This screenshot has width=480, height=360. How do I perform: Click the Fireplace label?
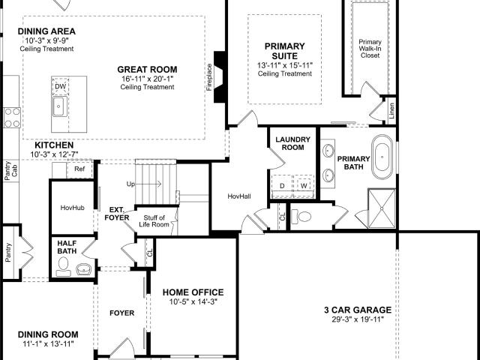(x=209, y=77)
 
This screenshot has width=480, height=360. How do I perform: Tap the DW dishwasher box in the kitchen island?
(x=60, y=86)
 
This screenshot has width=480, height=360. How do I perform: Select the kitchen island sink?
(x=58, y=106)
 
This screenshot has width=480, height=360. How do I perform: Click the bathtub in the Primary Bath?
(x=382, y=157)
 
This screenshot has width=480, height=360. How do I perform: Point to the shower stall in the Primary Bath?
(x=382, y=208)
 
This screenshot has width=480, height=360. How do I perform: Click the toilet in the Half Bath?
(x=63, y=267)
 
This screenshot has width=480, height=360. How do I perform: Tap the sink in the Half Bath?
(x=82, y=269)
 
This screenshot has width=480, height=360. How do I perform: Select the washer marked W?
(x=304, y=185)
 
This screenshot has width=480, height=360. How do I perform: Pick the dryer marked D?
(x=282, y=185)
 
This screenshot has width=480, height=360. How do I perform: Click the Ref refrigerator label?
(x=79, y=169)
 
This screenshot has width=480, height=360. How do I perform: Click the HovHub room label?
(x=72, y=208)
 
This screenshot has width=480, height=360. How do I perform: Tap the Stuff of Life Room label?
(x=154, y=221)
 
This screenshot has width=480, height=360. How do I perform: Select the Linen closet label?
(x=391, y=110)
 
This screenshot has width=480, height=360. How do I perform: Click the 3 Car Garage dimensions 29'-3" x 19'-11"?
(x=358, y=319)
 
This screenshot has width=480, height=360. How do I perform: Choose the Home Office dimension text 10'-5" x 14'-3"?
(x=193, y=301)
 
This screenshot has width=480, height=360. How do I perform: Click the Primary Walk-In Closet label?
(x=370, y=49)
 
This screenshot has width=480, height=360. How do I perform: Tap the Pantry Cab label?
(x=11, y=171)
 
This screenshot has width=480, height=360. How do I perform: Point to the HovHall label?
(x=239, y=196)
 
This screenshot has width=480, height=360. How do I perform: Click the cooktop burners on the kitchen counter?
(x=12, y=118)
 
